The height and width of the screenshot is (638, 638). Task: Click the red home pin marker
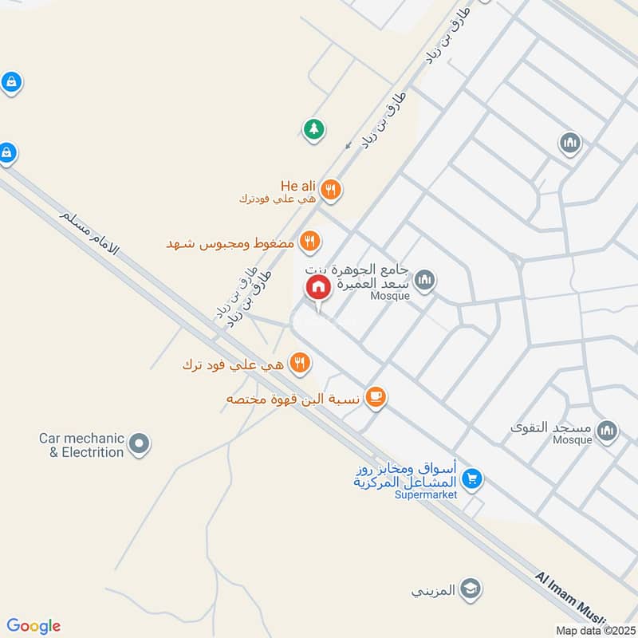317,288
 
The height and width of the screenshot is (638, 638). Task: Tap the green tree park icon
313,128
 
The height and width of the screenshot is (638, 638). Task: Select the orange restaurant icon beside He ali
332,190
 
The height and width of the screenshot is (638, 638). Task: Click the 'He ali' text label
298,186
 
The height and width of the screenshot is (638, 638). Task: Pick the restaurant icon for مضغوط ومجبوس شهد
310,241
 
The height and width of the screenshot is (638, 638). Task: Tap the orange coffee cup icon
376,396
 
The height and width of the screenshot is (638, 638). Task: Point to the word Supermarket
426,494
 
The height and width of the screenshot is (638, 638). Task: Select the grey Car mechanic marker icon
140,444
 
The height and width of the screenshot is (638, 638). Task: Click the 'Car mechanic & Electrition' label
82,445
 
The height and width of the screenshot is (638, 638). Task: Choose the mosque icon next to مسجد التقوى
608,431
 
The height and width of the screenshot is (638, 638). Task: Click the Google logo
33,626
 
